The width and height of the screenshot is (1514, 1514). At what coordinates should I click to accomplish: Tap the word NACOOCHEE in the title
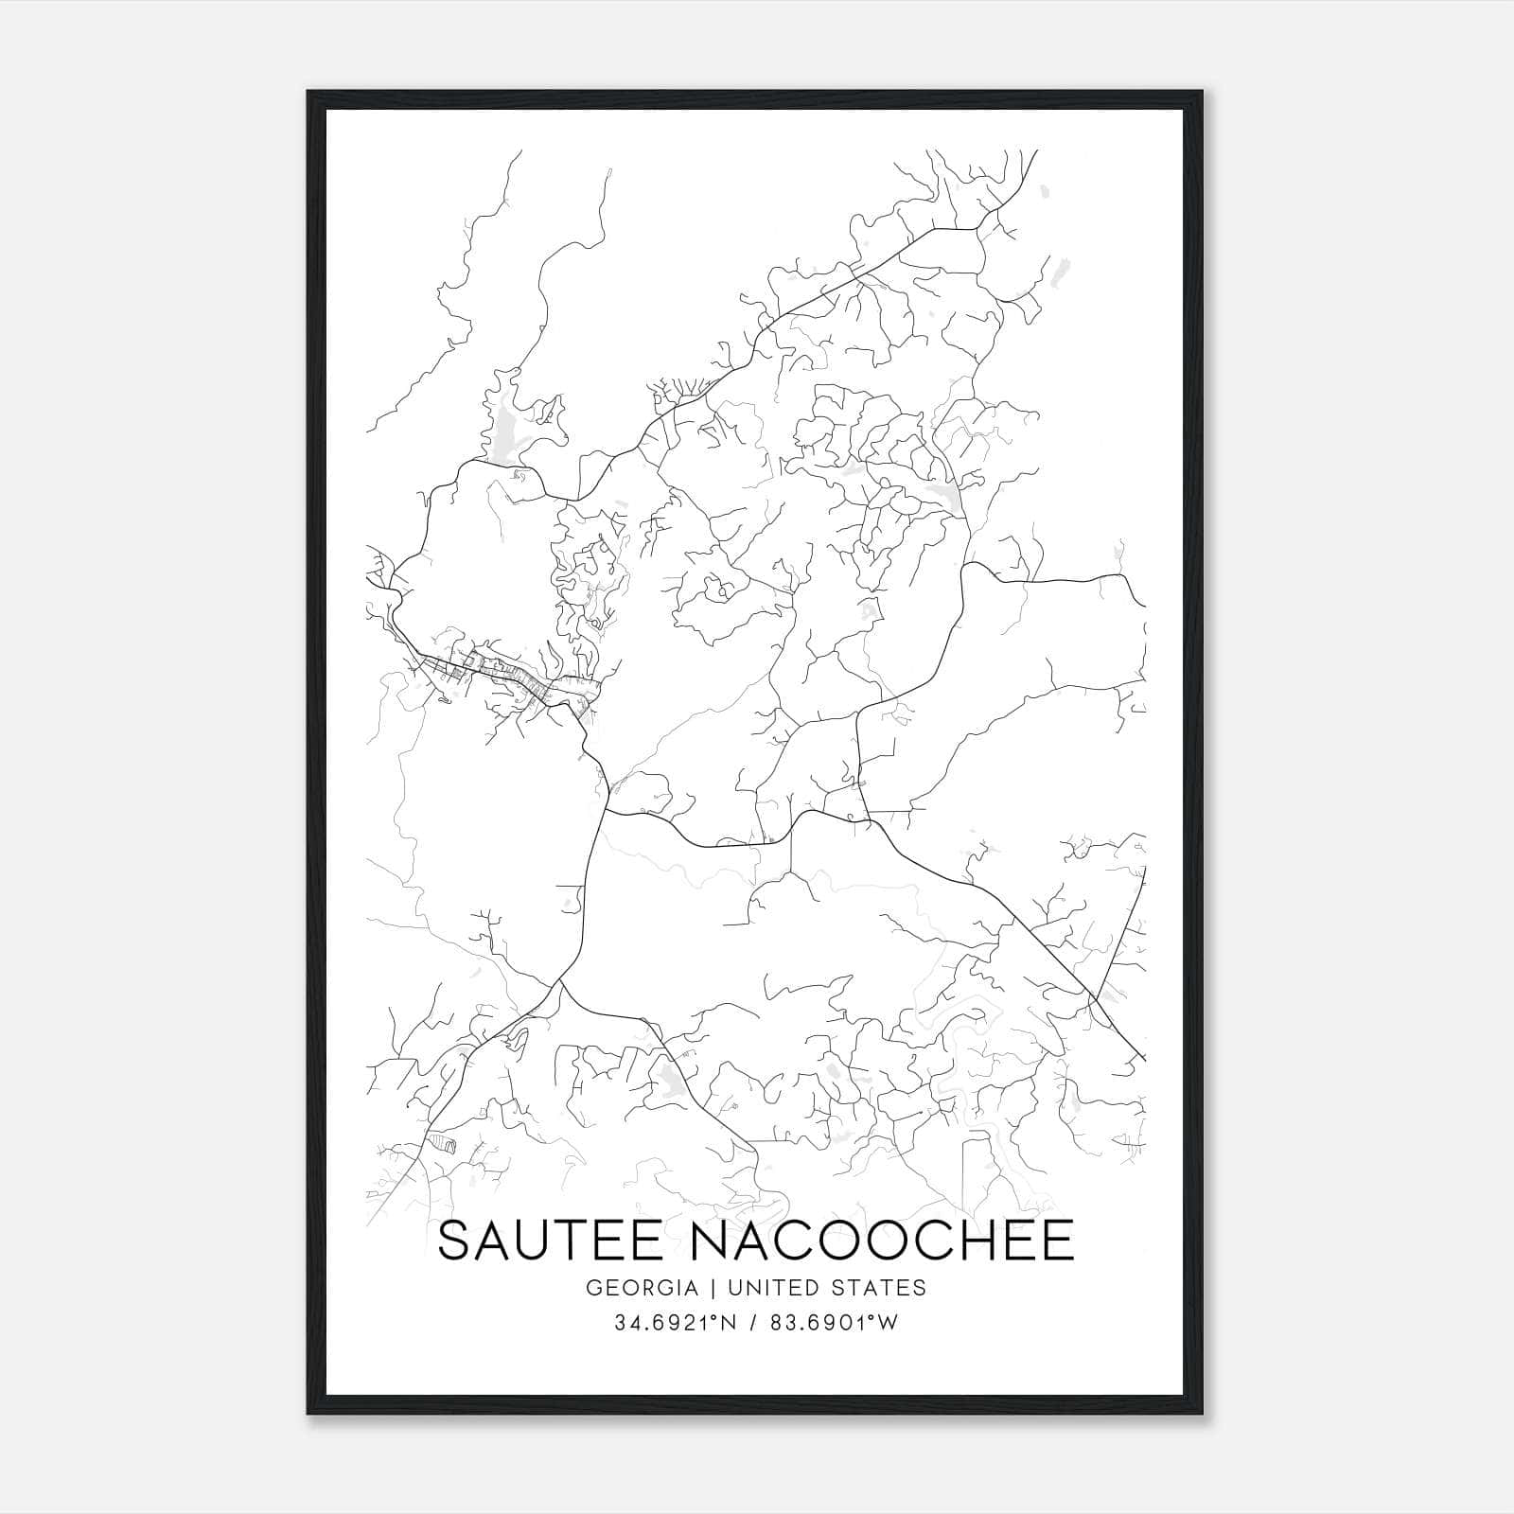pyautogui.click(x=882, y=1240)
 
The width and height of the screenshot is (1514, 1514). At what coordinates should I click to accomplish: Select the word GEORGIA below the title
pyautogui.click(x=642, y=1288)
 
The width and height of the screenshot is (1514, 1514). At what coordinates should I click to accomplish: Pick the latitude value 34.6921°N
pyautogui.click(x=672, y=1324)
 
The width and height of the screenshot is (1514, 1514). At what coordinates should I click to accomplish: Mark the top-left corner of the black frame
pyautogui.click(x=308, y=92)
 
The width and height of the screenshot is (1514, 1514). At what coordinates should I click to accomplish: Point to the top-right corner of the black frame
pyautogui.click(x=1204, y=92)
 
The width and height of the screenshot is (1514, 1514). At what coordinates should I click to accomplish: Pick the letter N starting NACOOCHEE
pyautogui.click(x=711, y=1240)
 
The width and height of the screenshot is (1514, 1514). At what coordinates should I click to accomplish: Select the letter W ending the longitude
pyautogui.click(x=888, y=1324)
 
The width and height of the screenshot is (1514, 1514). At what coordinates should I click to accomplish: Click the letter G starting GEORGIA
pyautogui.click(x=594, y=1288)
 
